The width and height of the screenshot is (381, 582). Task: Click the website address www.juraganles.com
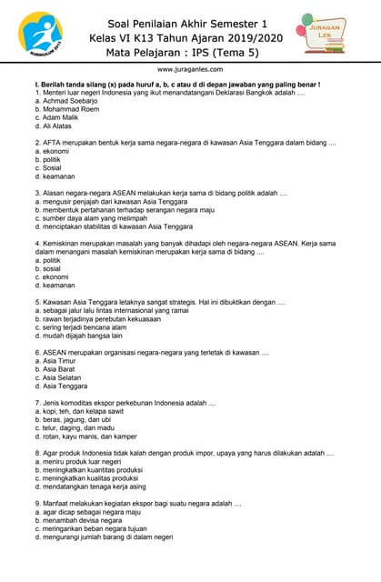point(190,69)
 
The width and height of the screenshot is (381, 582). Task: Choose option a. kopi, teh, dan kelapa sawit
point(85,411)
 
